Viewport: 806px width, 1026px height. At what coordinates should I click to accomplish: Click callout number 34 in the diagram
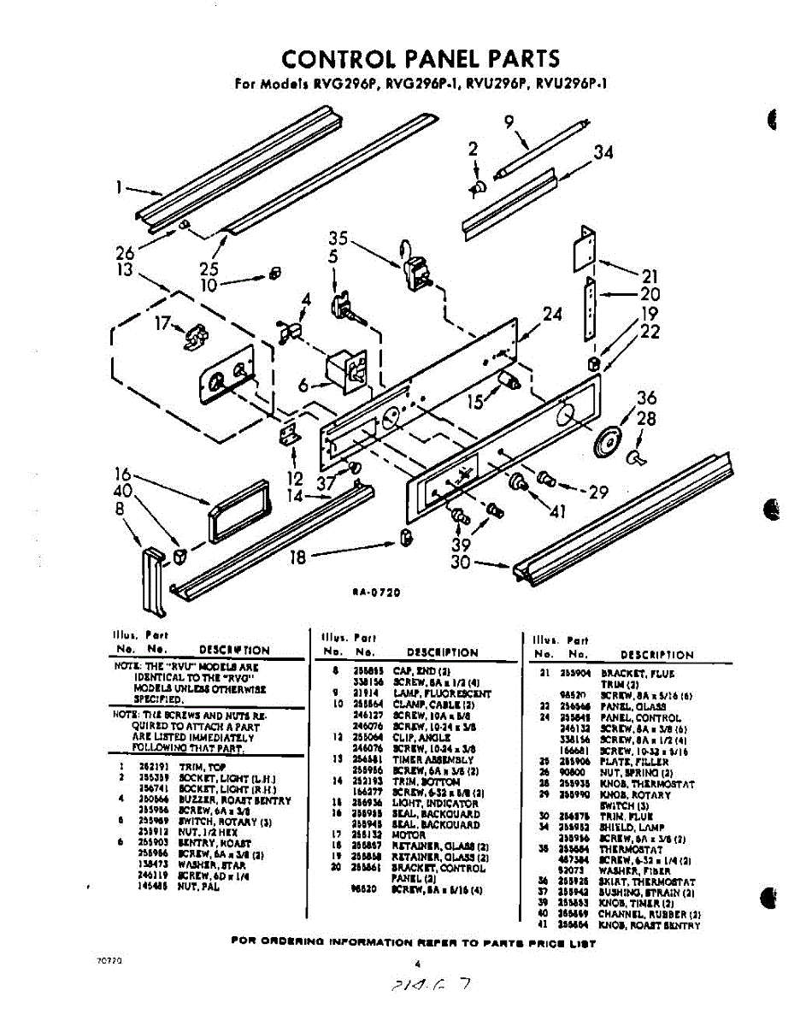click(x=603, y=154)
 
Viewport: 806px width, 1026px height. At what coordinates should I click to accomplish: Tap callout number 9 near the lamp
click(x=509, y=122)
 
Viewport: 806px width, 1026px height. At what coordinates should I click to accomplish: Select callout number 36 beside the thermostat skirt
click(x=647, y=398)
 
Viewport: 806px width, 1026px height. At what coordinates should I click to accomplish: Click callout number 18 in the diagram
click(x=297, y=557)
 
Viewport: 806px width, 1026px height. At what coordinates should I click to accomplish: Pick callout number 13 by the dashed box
click(x=126, y=269)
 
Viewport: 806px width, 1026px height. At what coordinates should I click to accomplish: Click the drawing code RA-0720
click(x=376, y=591)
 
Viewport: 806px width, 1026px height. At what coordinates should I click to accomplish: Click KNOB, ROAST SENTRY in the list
click(x=650, y=925)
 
